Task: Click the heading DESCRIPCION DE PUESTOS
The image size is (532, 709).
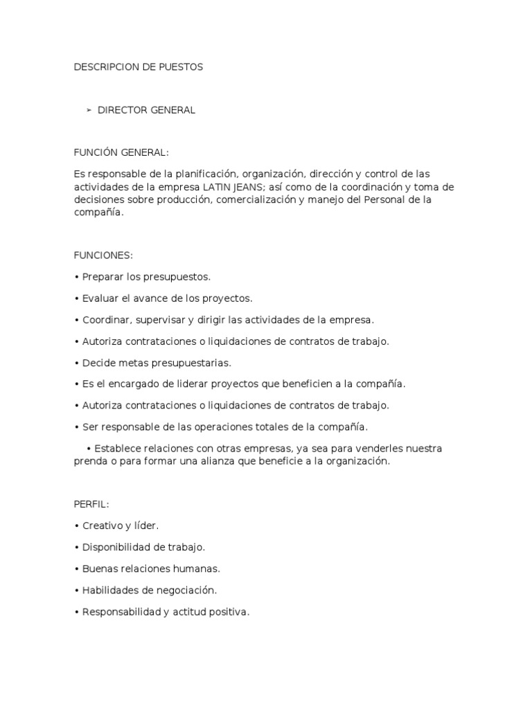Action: pyautogui.click(x=138, y=67)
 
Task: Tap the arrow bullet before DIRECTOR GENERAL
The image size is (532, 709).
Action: pyautogui.click(x=89, y=110)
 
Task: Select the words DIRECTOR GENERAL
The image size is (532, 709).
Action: pyautogui.click(x=146, y=110)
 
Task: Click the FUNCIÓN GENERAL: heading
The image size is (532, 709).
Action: pyautogui.click(x=121, y=152)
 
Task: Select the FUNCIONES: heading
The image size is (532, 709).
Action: pyautogui.click(x=103, y=255)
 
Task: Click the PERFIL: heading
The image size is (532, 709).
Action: pyautogui.click(x=91, y=504)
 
